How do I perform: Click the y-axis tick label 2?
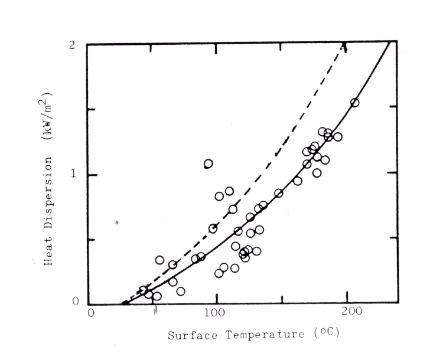(x=71, y=45)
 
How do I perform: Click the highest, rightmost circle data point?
(x=354, y=103)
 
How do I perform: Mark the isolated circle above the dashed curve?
(x=209, y=163)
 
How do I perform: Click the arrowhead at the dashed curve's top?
(x=344, y=47)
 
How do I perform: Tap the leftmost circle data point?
(x=144, y=290)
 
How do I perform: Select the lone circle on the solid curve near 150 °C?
(x=279, y=193)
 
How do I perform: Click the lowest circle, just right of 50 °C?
(x=157, y=296)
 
